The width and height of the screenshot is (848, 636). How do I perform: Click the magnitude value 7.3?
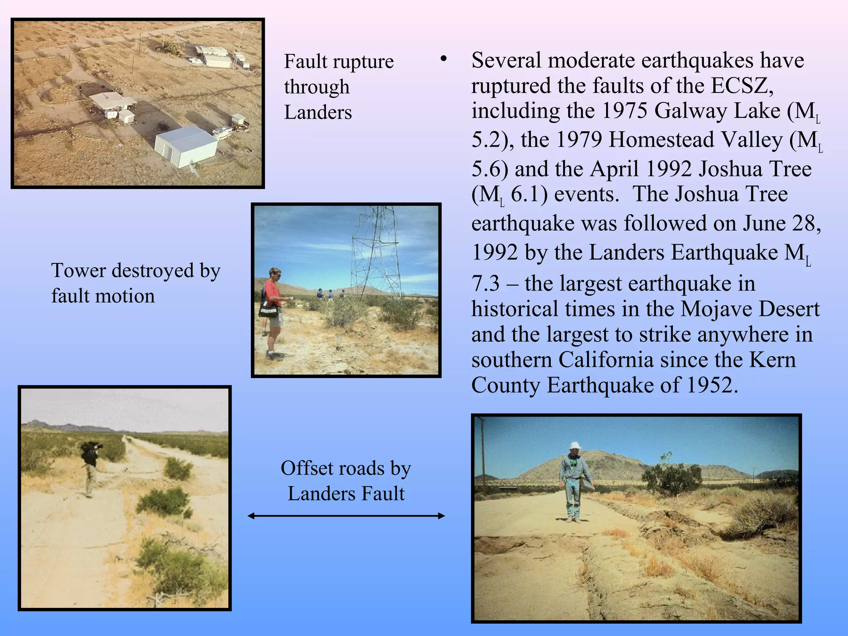[x=485, y=284]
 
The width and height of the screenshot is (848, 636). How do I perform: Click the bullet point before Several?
[x=443, y=60]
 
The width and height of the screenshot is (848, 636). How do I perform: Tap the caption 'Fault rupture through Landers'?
[x=338, y=87]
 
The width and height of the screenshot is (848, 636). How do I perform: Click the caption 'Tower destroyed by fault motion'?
[x=135, y=283]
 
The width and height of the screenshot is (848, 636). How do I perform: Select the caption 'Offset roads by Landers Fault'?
[x=346, y=481]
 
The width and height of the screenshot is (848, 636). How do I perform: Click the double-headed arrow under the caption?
[x=346, y=516]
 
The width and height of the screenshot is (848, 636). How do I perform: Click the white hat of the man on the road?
[x=575, y=446]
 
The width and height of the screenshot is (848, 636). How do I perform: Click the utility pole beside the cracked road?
[x=483, y=455]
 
